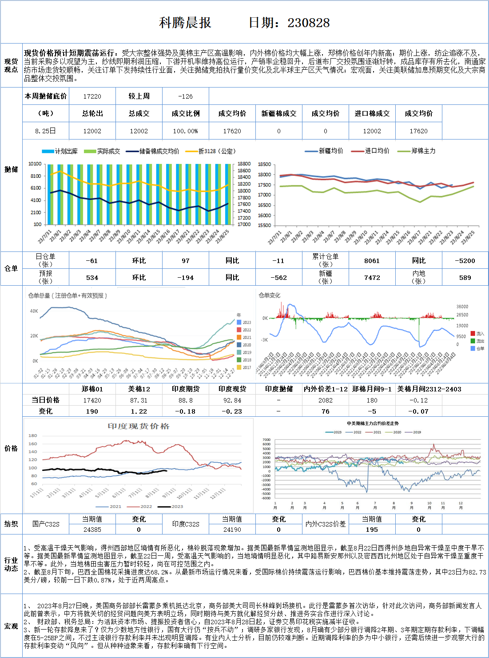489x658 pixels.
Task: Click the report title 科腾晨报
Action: (185, 23)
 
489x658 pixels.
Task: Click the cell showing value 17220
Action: (92, 96)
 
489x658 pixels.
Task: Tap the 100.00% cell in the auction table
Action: (186, 131)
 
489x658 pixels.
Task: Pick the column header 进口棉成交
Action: (372, 114)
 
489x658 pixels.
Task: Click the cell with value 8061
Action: (372, 261)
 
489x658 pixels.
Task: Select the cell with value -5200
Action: (465, 261)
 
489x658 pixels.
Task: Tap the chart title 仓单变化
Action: (270, 295)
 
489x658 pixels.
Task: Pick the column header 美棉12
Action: (139, 389)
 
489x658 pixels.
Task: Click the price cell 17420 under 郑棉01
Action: (92, 400)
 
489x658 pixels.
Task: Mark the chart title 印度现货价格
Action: (139, 427)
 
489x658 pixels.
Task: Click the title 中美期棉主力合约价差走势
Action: (373, 423)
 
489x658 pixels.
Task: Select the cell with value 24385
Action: (92, 530)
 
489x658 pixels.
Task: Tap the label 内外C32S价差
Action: (325, 524)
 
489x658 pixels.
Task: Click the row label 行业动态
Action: (11, 564)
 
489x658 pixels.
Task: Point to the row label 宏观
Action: (11, 626)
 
